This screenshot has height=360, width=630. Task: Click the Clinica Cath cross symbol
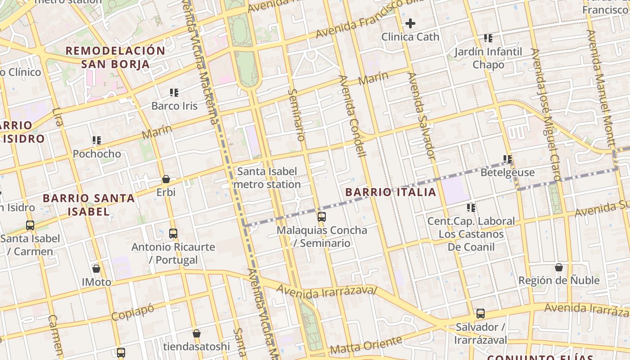(410, 23)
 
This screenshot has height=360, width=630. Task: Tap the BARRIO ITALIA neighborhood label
(391, 192)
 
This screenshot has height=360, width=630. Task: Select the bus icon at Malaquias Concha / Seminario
(322, 217)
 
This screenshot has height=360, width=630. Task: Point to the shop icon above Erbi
(166, 179)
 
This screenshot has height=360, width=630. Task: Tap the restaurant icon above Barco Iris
(174, 93)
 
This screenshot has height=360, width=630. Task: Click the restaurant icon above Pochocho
(97, 140)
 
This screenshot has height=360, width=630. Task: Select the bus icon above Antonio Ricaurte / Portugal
(173, 233)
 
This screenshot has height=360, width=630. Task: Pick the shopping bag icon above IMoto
(96, 269)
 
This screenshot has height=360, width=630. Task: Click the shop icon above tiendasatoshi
(197, 333)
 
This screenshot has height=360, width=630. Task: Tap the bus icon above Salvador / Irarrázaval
(481, 313)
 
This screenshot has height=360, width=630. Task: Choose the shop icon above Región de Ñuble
(559, 267)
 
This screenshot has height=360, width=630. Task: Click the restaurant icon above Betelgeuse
(508, 159)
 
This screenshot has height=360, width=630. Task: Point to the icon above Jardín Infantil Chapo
(488, 38)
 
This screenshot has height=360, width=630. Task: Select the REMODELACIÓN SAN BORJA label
(116, 57)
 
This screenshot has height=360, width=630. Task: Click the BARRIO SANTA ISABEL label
(89, 204)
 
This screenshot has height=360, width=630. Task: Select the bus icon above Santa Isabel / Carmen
(30, 225)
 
